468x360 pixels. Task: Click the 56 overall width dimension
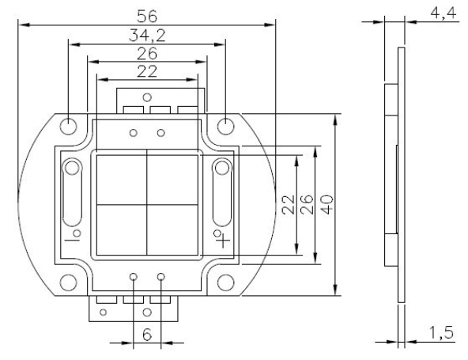pyautogui.click(x=147, y=16)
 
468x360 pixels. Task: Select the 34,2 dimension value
pyautogui.click(x=147, y=36)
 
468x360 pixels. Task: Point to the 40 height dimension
pyautogui.click(x=324, y=204)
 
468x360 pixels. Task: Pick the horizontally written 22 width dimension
pyautogui.click(x=147, y=72)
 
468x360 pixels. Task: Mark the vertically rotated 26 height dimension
pyautogui.click(x=307, y=204)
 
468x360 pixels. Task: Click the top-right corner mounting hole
pyautogui.click(x=225, y=125)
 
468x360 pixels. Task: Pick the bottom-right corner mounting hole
pyautogui.click(x=225, y=281)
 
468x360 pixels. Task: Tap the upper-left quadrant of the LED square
pyautogui.click(x=121, y=178)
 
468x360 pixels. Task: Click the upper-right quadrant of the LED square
pyautogui.click(x=172, y=178)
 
